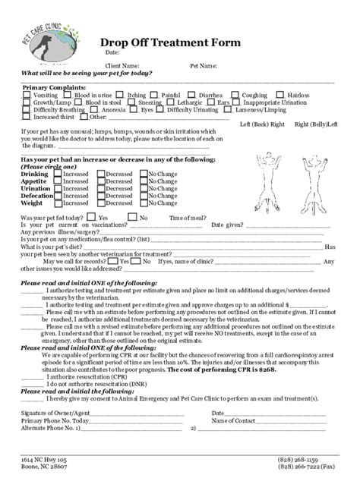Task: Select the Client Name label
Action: (122, 65)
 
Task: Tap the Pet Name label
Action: (204, 65)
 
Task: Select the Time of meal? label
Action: (188, 218)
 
